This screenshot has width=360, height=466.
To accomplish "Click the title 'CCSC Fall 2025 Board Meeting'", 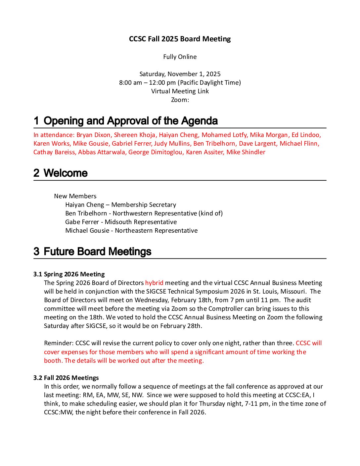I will coord(180,39).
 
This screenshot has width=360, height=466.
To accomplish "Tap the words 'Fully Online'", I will coord(180,57).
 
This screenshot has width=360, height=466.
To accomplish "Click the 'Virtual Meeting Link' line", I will coord(180,91).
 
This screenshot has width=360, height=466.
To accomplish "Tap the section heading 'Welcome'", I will coord(66,173).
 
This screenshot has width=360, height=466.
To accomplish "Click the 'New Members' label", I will coord(75,196).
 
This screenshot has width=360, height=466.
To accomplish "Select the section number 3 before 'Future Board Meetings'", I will coord(36,252).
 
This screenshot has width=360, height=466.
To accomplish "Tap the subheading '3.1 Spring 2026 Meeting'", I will coord(69,274).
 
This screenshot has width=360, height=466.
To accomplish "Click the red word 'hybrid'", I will coord(154,283).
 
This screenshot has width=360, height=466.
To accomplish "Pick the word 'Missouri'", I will coord(292,292).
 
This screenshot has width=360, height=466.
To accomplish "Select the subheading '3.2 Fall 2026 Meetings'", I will coord(66,378).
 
